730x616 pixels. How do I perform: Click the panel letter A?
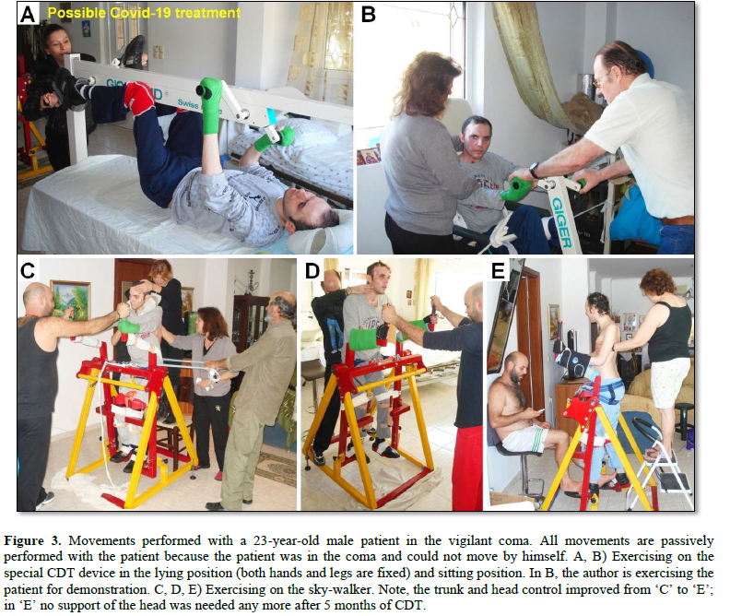28,14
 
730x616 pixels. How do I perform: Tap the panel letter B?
369,14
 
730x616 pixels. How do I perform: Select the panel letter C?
28,270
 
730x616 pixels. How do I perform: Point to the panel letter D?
312,271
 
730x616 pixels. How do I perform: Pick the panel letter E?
499,271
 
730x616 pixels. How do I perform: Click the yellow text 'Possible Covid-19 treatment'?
144,13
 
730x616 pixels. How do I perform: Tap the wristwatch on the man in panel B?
535,171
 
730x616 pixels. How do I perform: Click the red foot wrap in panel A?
139,98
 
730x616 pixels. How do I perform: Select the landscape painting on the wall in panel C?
70,299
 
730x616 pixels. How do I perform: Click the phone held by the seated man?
540,410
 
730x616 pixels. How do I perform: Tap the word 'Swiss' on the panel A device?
188,103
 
